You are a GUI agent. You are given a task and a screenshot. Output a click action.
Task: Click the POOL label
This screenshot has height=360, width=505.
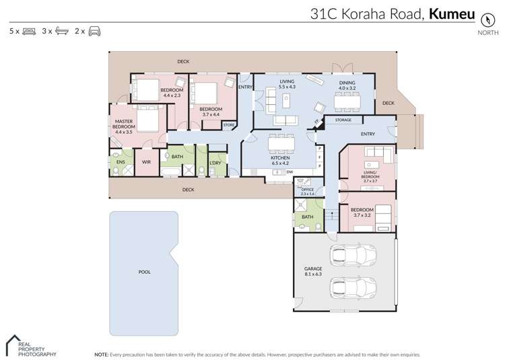144,272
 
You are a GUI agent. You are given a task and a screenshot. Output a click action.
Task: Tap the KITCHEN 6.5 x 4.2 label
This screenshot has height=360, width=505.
280,160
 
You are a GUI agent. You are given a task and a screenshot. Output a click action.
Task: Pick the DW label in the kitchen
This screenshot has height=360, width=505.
289,172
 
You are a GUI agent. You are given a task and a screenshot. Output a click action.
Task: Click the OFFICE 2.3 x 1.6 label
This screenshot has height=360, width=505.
308,192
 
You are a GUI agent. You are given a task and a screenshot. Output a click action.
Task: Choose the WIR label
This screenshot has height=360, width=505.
146,161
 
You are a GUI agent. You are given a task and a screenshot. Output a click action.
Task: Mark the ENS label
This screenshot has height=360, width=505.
121,161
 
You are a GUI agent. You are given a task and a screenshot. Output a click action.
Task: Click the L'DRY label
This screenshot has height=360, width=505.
215,162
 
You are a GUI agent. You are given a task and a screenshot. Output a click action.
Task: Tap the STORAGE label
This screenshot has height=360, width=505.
343,120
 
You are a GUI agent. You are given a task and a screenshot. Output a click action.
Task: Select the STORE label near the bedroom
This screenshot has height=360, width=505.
228,124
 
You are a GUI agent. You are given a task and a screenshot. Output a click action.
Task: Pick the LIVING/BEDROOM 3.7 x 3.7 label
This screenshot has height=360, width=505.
369,178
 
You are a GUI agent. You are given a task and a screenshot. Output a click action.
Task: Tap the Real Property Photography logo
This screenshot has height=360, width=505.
30,346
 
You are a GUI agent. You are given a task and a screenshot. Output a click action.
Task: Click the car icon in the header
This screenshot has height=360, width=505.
95,31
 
